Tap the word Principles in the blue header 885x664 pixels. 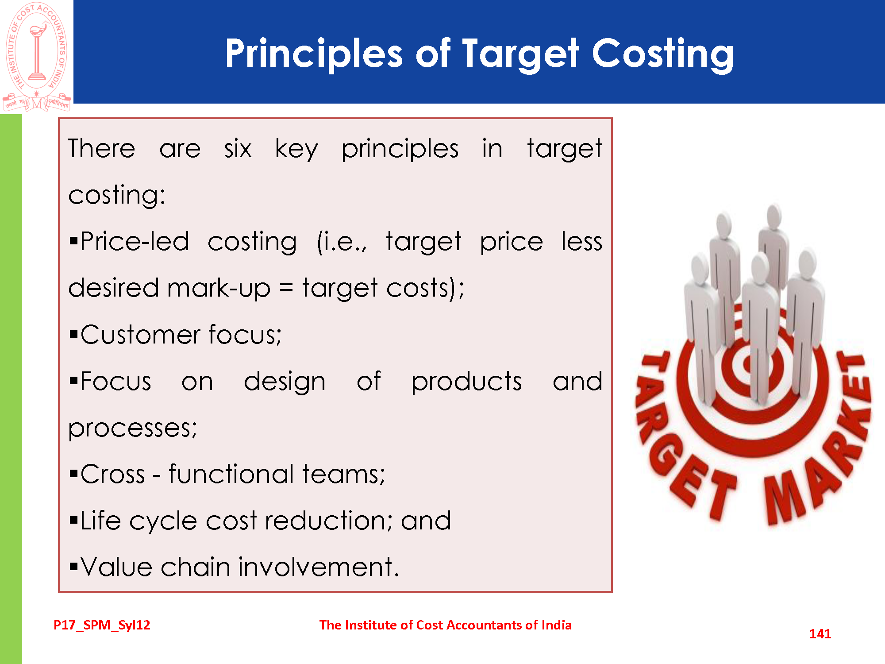click(x=314, y=54)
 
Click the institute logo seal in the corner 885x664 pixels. click(x=37, y=57)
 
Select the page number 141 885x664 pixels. click(x=820, y=633)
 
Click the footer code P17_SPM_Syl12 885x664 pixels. click(x=102, y=625)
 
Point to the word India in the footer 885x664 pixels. click(x=556, y=625)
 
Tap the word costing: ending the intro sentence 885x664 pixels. click(x=117, y=195)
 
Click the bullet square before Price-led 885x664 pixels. click(x=73, y=241)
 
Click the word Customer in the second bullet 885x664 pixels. click(x=138, y=334)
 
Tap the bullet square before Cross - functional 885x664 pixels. click(x=73, y=474)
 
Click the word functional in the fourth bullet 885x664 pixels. click(x=231, y=474)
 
